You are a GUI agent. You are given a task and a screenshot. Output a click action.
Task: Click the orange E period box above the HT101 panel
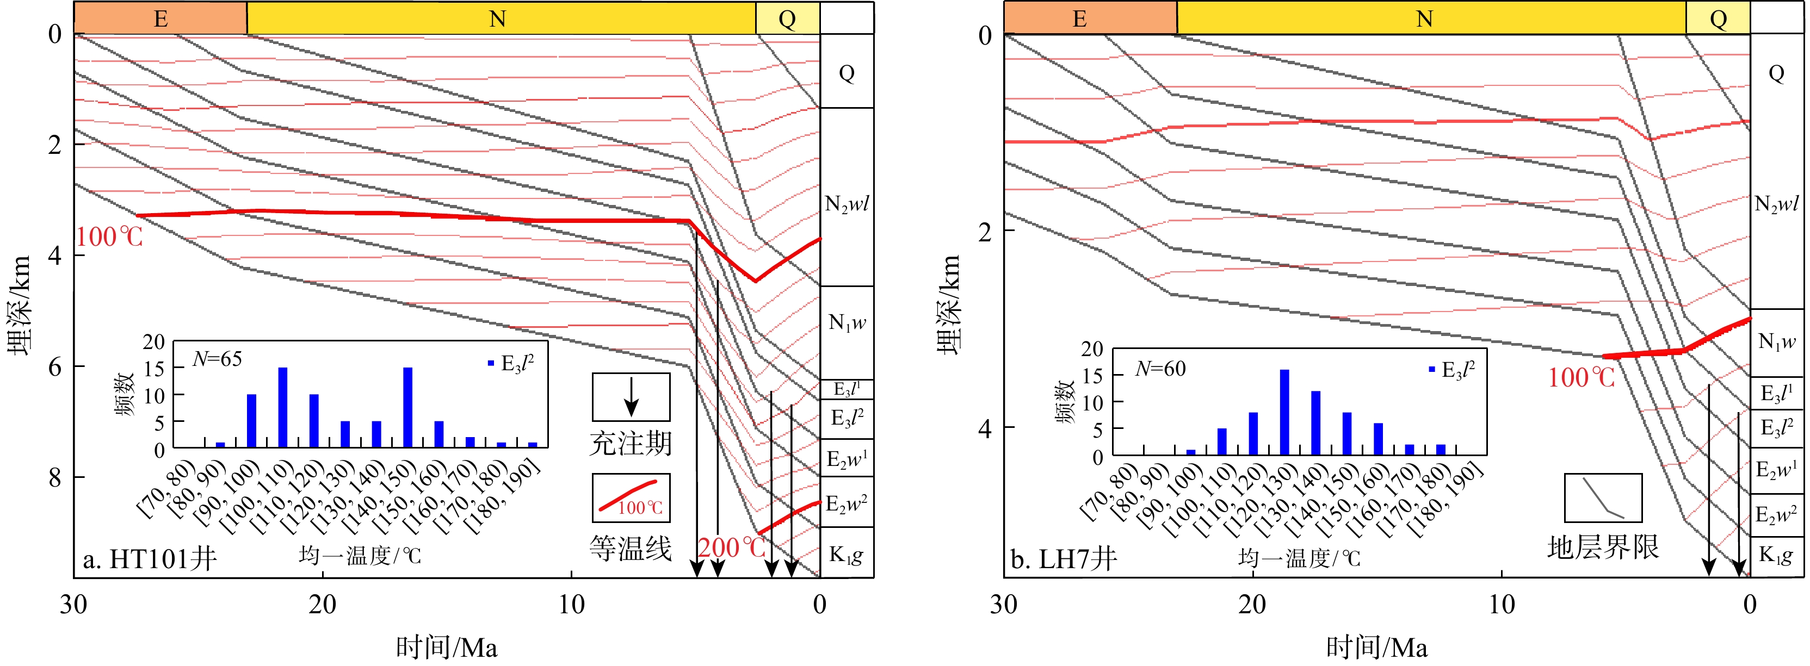(160, 18)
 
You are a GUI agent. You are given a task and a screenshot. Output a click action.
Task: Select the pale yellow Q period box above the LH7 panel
(1718, 19)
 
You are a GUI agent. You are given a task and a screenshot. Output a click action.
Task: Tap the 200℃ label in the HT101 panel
(731, 547)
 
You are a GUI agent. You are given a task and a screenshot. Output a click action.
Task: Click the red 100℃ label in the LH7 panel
(1582, 378)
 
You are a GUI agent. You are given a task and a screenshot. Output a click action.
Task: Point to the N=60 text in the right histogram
(1160, 369)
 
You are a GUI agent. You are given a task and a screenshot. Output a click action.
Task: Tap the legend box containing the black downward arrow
(631, 397)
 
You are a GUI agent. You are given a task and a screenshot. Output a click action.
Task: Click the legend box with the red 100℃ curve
(631, 497)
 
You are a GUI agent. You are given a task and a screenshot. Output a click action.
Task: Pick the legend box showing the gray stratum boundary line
(1603, 497)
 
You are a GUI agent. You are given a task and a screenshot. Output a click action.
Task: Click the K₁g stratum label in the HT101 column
(846, 555)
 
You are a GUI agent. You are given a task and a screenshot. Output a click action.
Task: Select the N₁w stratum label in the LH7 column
(1776, 341)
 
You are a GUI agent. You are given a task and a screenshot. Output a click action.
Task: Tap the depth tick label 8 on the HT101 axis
(55, 478)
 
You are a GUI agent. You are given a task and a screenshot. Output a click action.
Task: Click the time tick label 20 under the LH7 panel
(1253, 604)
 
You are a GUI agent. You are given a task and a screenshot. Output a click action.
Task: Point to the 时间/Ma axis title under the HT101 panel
(447, 647)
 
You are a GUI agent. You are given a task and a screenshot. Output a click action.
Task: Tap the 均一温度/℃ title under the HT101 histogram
(360, 556)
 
